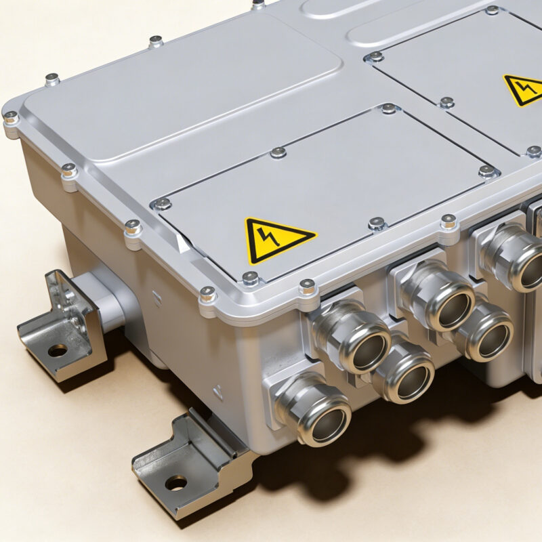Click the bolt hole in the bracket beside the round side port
click(58, 350)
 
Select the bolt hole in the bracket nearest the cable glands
click(176, 483)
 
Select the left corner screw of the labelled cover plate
click(163, 203)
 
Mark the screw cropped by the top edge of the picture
click(258, 3)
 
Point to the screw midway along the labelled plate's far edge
click(278, 152)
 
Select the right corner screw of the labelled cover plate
click(486, 171)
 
